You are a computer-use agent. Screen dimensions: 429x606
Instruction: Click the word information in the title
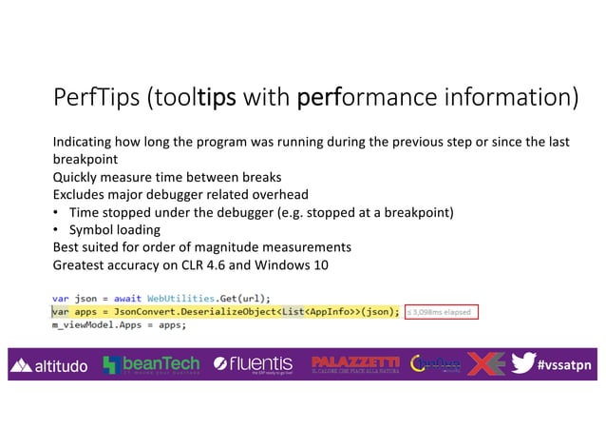click(500, 99)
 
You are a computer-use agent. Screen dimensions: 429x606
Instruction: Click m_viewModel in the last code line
click(82, 324)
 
